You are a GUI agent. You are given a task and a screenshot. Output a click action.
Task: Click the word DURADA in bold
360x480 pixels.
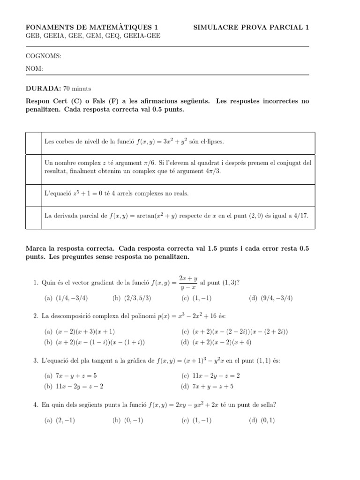pyautogui.click(x=43, y=88)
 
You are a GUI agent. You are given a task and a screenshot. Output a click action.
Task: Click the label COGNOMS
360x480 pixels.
pyautogui.click(x=43, y=56)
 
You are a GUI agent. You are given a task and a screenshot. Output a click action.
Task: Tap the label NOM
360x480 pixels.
pyautogui.click(x=34, y=68)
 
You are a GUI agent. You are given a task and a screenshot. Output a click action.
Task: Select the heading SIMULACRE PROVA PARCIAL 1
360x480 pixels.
pyautogui.click(x=251, y=28)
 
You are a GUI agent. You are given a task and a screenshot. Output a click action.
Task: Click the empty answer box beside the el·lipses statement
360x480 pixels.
pyautogui.click(x=33, y=141)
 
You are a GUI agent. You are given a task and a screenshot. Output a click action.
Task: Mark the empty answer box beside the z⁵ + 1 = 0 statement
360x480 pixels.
pyautogui.click(x=33, y=194)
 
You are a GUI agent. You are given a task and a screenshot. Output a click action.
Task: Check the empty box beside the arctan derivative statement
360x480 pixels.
pyautogui.click(x=33, y=216)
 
